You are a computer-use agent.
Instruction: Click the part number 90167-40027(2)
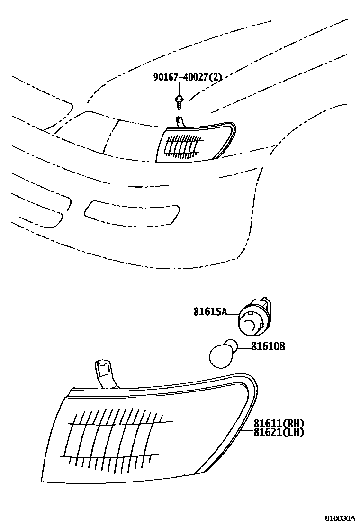[x=187, y=77]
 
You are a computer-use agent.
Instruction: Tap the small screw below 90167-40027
[x=179, y=100]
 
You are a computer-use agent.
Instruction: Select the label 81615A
[x=210, y=311]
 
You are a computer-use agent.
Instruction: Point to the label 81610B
[x=268, y=347]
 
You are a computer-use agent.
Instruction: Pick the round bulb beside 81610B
[x=221, y=352]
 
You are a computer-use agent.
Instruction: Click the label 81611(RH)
[x=278, y=423]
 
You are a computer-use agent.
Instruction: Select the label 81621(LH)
[x=278, y=432]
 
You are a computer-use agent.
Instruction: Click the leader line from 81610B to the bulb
[x=243, y=348]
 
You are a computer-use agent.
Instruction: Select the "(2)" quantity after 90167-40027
[x=216, y=77]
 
